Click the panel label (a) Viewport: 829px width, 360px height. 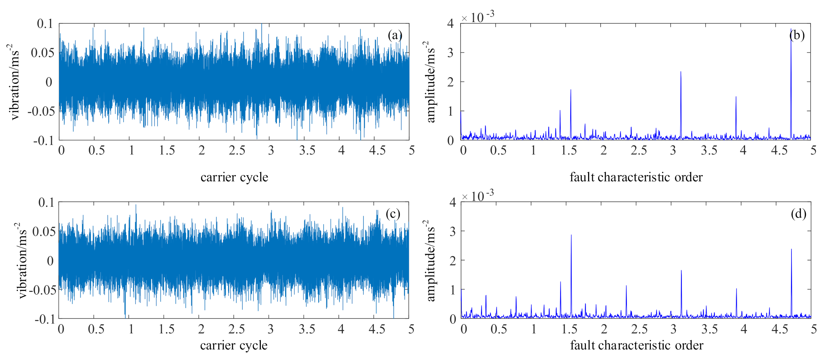click(395, 35)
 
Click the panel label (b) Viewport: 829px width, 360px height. click(797, 35)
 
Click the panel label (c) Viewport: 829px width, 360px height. click(393, 214)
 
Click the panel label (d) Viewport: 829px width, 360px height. click(798, 214)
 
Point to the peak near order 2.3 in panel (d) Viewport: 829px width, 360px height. click(626, 286)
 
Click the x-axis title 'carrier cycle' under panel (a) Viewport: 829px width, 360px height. click(234, 177)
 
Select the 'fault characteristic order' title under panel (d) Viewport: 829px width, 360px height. click(636, 345)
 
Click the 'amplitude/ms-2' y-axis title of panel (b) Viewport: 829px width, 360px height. click(430, 82)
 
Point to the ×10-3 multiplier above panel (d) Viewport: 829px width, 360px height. click(478, 196)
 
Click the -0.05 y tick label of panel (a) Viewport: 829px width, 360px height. click(41, 111)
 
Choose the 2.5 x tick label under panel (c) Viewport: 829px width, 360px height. click(236, 329)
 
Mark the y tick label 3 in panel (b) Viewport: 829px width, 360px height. click(450, 53)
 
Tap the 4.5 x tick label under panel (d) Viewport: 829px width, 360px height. click(779, 329)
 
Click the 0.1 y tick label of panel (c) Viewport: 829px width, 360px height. click(46, 203)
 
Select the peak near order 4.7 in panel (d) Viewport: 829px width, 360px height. click(791, 250)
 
